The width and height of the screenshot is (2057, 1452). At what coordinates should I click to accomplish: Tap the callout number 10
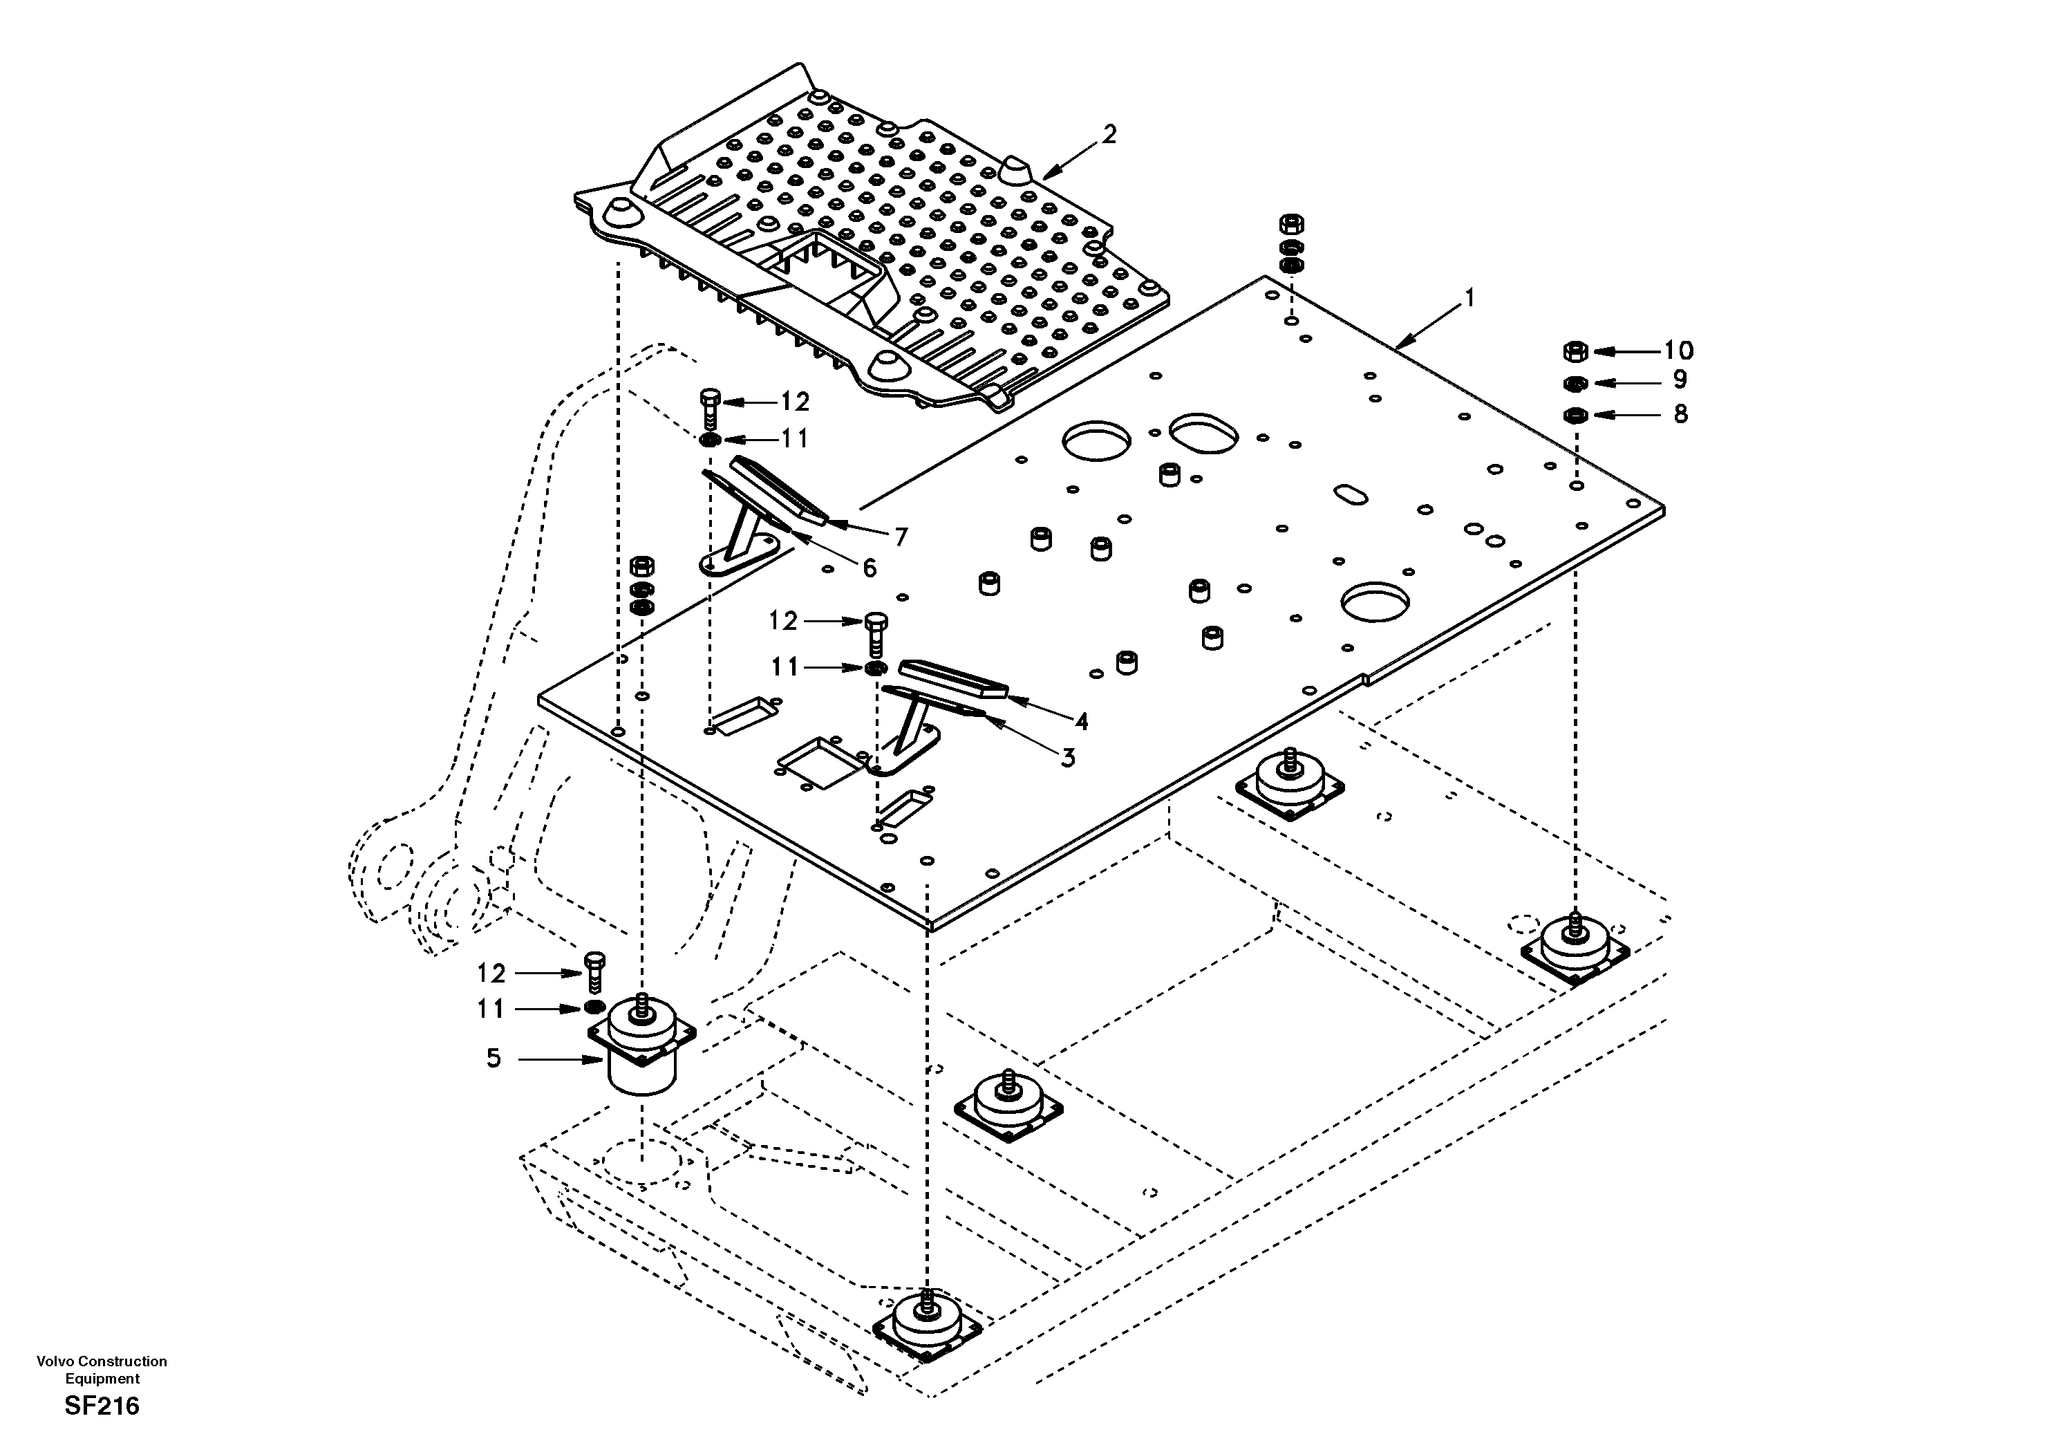point(1679,351)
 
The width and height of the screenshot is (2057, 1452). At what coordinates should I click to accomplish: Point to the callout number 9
point(1680,380)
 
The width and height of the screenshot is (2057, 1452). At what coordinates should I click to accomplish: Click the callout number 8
point(1680,413)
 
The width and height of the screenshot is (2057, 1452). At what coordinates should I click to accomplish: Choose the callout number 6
point(869,568)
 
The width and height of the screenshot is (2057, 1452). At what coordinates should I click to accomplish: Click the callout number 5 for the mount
point(494,1059)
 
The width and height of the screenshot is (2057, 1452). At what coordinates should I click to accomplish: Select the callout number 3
point(1068,758)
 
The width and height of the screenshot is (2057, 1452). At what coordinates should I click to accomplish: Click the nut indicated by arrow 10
point(1575,351)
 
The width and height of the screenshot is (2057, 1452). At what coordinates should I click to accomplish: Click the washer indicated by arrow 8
point(1576,415)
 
